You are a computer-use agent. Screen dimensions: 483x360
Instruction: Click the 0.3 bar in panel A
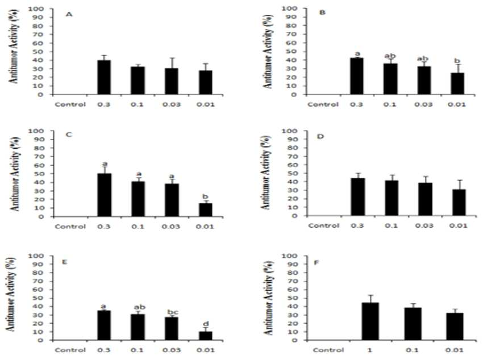tap(104, 77)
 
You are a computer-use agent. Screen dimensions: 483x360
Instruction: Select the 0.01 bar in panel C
tap(205, 210)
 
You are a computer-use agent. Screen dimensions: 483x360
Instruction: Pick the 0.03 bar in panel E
tap(171, 329)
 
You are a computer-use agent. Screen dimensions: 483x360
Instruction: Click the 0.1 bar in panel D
tap(391, 198)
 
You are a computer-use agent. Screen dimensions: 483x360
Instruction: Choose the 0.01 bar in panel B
tap(457, 83)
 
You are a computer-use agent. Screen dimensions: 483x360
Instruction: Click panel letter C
tap(69, 135)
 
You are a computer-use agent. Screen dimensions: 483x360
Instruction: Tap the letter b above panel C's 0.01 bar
tap(206, 196)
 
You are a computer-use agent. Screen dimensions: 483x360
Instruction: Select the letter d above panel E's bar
tap(206, 324)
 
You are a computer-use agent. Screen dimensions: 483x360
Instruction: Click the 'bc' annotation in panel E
tap(173, 312)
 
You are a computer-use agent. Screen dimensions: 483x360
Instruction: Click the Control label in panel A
tap(70, 104)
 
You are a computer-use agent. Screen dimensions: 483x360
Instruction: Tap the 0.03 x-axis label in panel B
tap(423, 104)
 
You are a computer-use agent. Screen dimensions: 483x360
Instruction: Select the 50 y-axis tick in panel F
tap(293, 298)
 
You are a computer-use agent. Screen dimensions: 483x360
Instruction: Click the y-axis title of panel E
tap(11, 294)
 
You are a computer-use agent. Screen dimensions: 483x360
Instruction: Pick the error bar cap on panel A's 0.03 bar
tap(172, 58)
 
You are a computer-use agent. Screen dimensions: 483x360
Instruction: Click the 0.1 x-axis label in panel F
tap(412, 350)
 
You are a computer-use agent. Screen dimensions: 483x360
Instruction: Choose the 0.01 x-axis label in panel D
tap(458, 225)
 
